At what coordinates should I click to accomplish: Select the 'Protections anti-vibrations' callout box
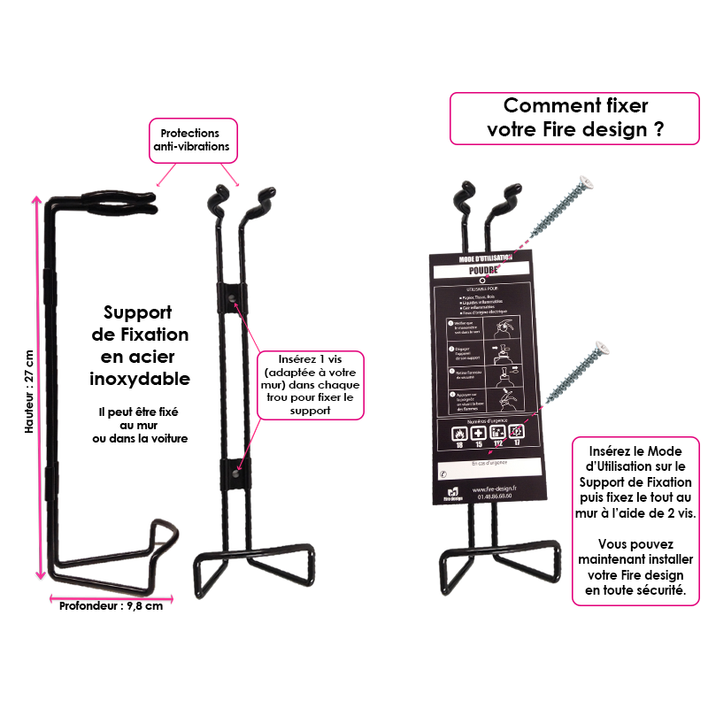coord(193,140)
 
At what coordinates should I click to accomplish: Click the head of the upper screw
coord(581,183)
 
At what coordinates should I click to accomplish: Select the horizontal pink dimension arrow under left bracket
coord(111,599)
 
